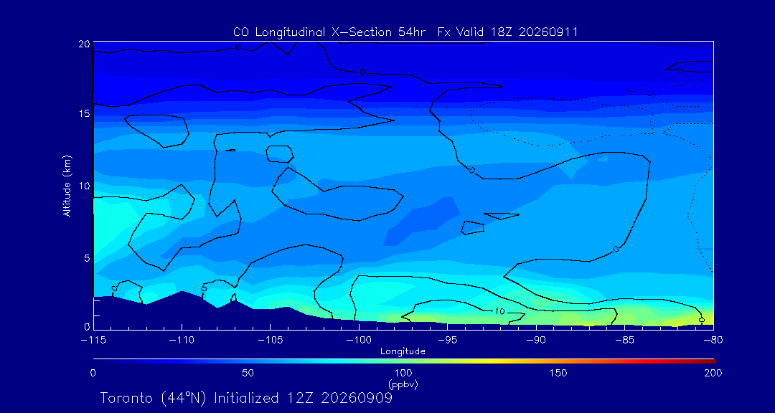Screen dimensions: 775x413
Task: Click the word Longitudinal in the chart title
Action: pos(287,32)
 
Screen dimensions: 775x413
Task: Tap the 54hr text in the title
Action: pos(413,32)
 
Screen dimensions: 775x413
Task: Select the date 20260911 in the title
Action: pos(552,32)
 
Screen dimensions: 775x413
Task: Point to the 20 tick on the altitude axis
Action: pos(83,44)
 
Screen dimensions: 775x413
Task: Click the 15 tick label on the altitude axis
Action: pos(84,113)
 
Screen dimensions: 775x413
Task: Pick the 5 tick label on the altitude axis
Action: pos(87,258)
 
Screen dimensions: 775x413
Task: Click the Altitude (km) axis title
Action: pos(67,186)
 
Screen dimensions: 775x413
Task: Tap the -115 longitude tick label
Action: pos(93,341)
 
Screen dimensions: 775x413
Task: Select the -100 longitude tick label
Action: pos(359,341)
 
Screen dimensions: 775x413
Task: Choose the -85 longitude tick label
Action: pos(625,341)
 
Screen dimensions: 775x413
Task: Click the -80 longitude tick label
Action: pos(713,341)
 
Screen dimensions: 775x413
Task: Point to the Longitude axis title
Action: pos(403,352)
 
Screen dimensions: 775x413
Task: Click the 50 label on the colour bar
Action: pos(248,373)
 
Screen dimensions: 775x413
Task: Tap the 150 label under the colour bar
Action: pos(558,373)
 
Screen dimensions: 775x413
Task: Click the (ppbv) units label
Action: pos(403,384)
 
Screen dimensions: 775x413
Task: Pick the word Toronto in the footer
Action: pos(127,398)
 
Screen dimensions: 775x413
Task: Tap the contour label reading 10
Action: pos(499,312)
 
